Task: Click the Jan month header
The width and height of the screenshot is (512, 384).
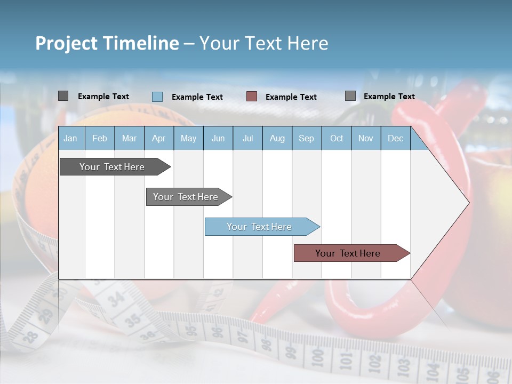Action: [x=70, y=138]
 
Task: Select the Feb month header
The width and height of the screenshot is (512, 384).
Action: [x=100, y=138]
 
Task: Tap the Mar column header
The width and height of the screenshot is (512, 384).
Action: [x=129, y=138]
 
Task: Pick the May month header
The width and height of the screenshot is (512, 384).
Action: [x=188, y=138]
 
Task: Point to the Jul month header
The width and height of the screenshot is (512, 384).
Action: [x=247, y=138]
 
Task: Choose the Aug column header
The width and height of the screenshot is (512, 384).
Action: [x=277, y=138]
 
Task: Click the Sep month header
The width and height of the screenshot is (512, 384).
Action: [x=306, y=138]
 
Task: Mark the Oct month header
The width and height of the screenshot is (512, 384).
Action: [x=337, y=138]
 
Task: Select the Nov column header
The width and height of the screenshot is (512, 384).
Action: [x=366, y=138]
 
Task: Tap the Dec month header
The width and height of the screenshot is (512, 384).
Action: [x=395, y=138]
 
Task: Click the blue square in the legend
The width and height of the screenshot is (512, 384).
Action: [x=157, y=97]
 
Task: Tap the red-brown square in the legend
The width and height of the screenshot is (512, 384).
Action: [x=252, y=97]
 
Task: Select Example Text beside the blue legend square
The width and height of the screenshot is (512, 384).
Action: [x=197, y=97]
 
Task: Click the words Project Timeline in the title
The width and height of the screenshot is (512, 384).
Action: [x=107, y=43]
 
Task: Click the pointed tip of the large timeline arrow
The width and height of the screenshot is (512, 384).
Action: [x=468, y=203]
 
